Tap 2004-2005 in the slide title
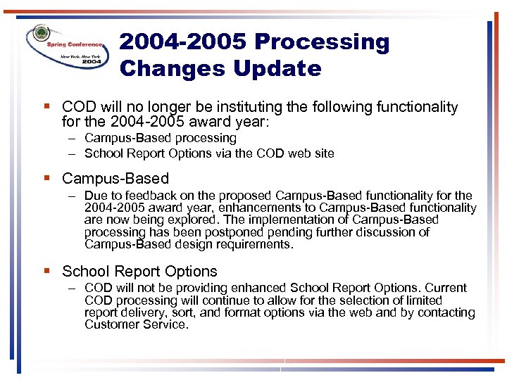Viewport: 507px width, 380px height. [183, 42]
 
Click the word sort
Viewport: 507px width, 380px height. [181, 312]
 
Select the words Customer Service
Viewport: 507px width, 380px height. [135, 324]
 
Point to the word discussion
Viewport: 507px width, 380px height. [381, 232]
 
